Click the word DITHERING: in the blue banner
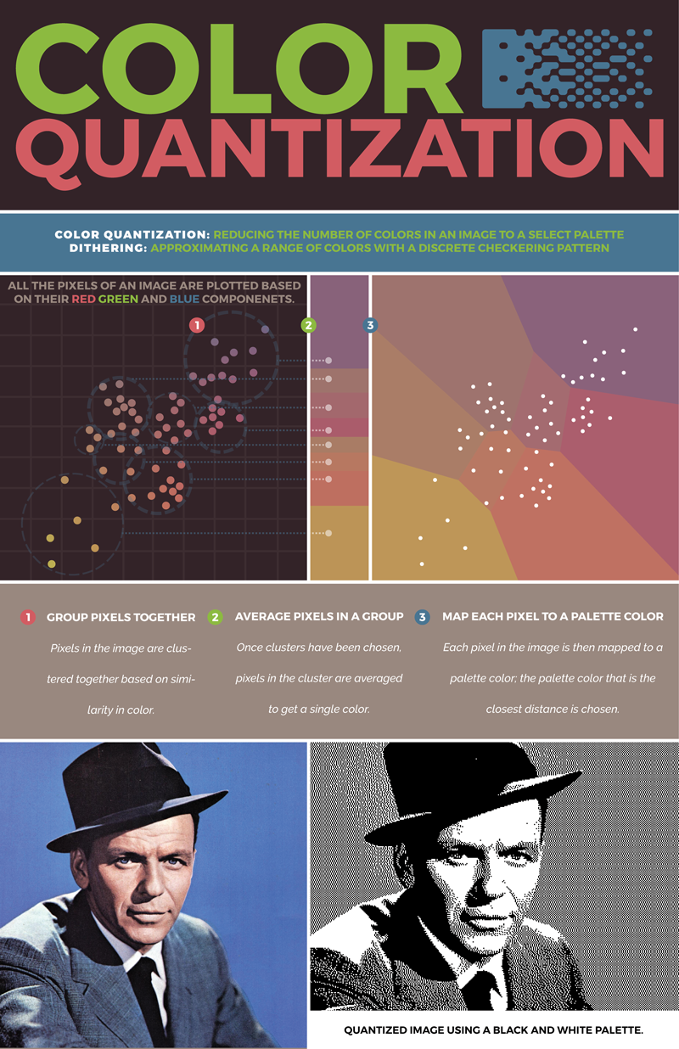tap(105, 248)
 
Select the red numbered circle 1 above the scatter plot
tap(196, 324)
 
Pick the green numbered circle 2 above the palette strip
tap(308, 324)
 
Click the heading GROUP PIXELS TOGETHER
tap(121, 617)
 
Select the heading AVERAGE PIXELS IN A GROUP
tap(317, 617)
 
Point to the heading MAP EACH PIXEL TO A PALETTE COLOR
tap(553, 616)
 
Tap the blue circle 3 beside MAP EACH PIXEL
tap(423, 617)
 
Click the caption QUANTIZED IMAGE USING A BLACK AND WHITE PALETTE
tap(493, 1030)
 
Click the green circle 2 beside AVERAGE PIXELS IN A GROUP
tap(216, 617)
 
